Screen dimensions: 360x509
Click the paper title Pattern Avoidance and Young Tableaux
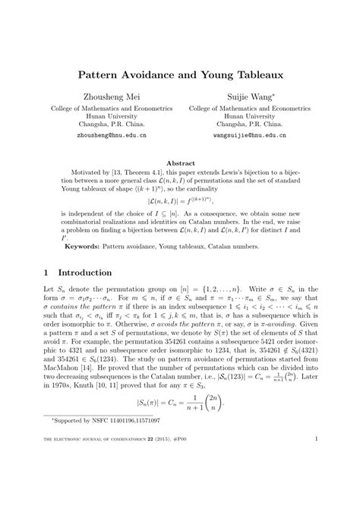coord(179,77)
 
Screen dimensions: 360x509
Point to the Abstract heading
coord(179,163)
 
